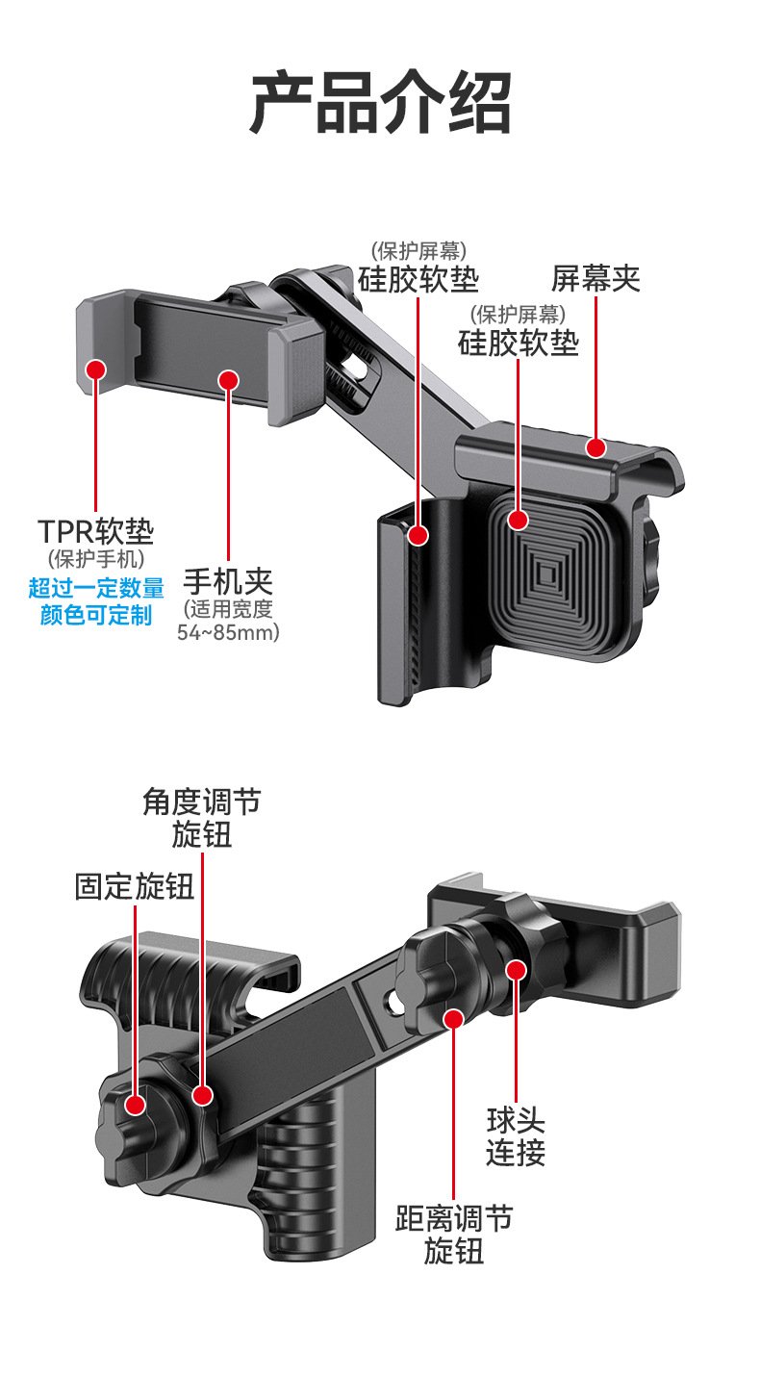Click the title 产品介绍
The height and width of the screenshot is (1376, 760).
[380, 102]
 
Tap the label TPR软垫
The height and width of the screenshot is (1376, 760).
[96, 531]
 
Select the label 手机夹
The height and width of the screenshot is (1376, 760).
[228, 581]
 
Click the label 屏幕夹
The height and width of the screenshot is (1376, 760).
[595, 279]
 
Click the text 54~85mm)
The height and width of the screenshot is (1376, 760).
[228, 633]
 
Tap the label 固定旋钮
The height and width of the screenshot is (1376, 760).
[135, 886]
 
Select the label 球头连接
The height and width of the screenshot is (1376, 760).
[516, 1136]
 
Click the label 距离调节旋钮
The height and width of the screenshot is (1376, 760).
[454, 1235]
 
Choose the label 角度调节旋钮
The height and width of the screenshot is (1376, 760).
[202, 818]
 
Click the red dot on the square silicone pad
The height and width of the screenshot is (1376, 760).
[519, 521]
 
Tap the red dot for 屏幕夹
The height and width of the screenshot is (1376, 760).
[596, 447]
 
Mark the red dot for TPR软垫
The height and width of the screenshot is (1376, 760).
[96, 369]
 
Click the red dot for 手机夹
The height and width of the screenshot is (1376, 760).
[228, 380]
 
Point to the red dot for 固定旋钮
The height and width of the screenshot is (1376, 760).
[135, 1105]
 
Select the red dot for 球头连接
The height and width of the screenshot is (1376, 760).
[516, 969]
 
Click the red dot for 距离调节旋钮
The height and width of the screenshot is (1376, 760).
[454, 1018]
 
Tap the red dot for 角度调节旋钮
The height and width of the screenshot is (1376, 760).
[202, 1094]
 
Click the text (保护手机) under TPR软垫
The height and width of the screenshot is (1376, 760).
[96, 558]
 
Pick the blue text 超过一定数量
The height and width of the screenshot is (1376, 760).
[96, 589]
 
